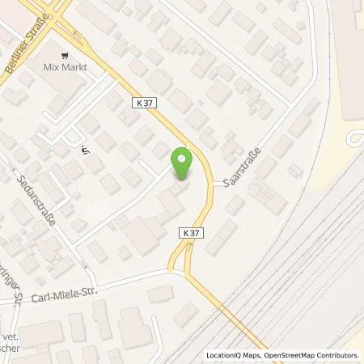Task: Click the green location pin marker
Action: tap(184, 163)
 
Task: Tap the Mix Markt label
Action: tap(65, 67)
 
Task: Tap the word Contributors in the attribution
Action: tap(336, 355)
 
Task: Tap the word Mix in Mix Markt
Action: tap(50, 67)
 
